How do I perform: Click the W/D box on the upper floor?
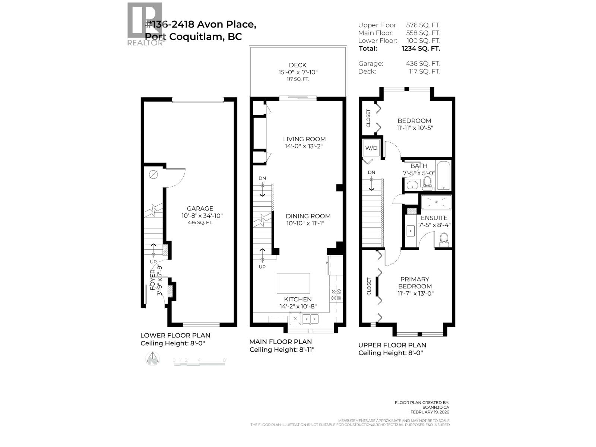tap(371, 148)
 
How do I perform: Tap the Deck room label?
tap(298, 65)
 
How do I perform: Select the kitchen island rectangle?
tap(293, 283)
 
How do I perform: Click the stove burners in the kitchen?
tap(336, 295)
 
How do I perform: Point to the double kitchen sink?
tap(310, 319)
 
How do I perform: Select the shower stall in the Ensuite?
tap(436, 203)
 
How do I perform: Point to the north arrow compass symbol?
tap(152, 359)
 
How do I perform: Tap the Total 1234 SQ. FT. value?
tap(421, 48)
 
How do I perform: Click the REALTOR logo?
tap(145, 24)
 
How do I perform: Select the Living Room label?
tap(304, 139)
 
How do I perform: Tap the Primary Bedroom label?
tap(415, 283)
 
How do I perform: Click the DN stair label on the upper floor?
tap(371, 172)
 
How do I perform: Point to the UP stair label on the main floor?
tap(262, 267)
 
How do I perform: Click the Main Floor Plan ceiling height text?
tap(282, 350)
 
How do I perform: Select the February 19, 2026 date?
tap(429, 412)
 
